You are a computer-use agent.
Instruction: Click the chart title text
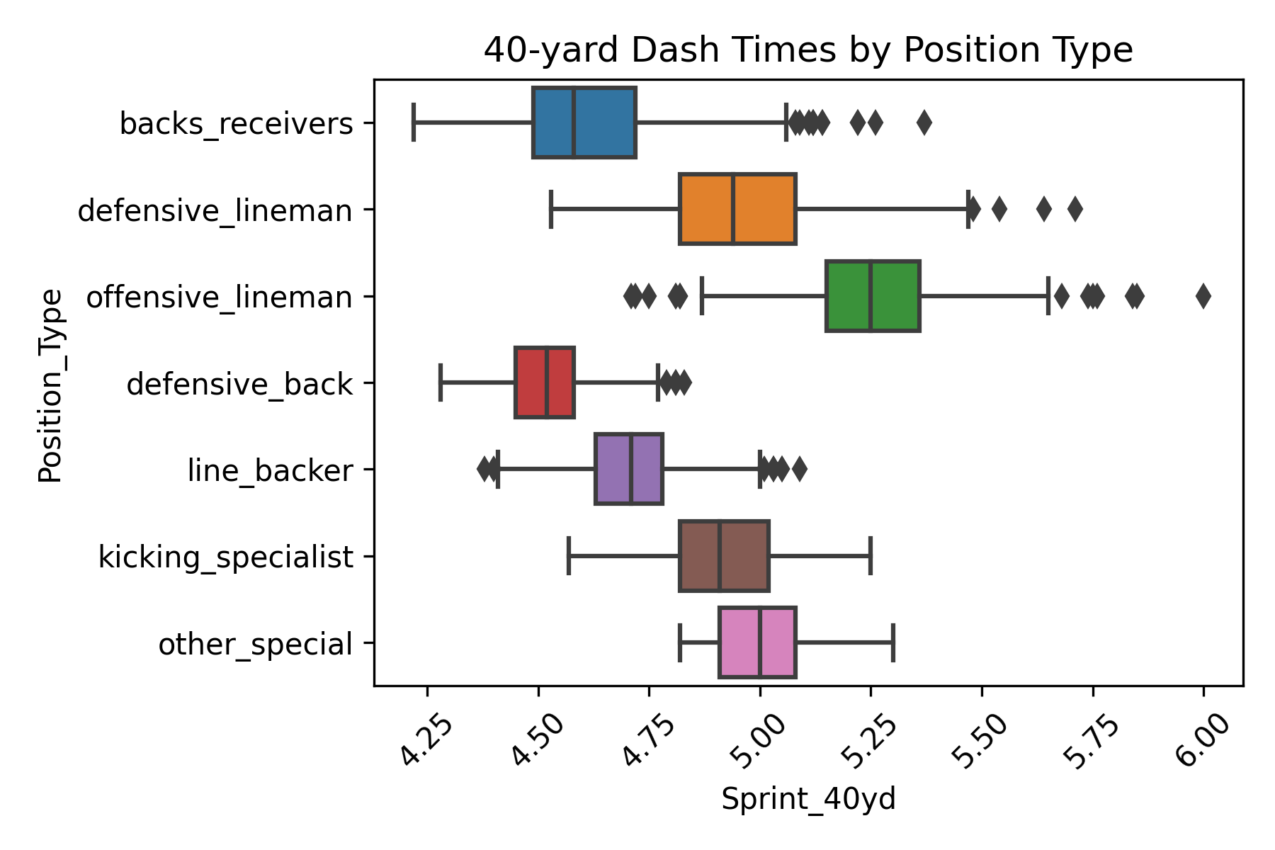point(808,50)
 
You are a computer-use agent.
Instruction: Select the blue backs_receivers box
point(584,123)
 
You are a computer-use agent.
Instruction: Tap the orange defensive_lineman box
point(737,209)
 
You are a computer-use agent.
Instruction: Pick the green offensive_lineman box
point(873,296)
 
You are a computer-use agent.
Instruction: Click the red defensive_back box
point(544,382)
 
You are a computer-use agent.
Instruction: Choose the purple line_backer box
point(629,470)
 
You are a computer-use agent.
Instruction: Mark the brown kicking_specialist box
point(724,556)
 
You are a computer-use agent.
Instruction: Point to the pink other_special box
point(757,642)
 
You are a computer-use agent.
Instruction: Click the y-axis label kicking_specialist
point(225,557)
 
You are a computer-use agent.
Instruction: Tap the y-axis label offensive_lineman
point(219,297)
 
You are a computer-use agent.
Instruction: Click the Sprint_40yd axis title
point(808,799)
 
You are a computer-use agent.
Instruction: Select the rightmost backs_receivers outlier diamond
point(924,123)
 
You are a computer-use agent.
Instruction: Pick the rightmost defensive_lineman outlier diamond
point(1075,209)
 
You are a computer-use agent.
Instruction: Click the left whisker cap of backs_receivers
point(414,123)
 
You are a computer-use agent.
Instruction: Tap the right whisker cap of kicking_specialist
point(871,556)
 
